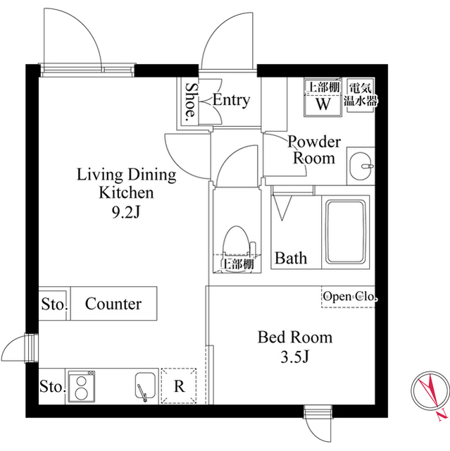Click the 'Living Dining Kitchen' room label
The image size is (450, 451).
pos(126,183)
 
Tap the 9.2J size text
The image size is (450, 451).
pos(126,209)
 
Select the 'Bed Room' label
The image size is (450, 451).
pos(294,338)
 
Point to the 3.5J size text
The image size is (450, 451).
pos(294,357)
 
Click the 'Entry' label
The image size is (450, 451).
pos(231,100)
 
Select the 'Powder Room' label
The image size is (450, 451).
pos(314,149)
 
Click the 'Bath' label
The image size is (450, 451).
pos(291,258)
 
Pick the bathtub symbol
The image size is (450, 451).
pos(345,232)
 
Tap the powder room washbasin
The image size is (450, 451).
pos(363,166)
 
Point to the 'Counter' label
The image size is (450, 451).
pos(113,304)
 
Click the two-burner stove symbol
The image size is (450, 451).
pos(83,386)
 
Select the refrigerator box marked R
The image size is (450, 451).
pos(179,386)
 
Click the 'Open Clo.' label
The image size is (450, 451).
pos(349,297)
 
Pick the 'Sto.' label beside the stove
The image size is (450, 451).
pos(52,387)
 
